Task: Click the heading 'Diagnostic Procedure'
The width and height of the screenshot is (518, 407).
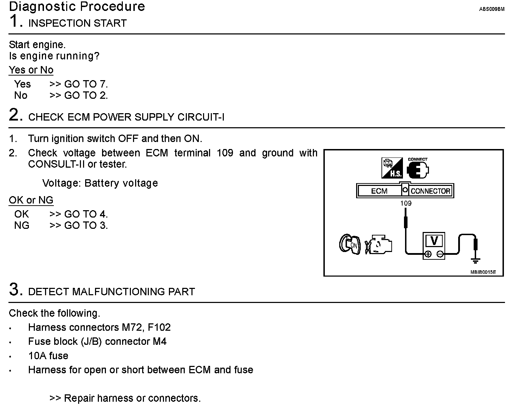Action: coord(77,7)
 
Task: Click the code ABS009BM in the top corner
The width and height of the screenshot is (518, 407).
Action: coord(492,9)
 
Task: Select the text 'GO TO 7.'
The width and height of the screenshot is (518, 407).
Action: coord(86,84)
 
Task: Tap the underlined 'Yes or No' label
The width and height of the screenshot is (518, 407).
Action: coord(31,70)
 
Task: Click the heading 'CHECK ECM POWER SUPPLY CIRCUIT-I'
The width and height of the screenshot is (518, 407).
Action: coord(126,117)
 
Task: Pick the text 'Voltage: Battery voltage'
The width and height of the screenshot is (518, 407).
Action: coord(100,183)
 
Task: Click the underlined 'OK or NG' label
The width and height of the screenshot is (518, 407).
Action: coord(31,200)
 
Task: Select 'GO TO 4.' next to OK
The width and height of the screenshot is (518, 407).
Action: coord(86,214)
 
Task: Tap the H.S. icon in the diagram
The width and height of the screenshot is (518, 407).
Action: coord(392,168)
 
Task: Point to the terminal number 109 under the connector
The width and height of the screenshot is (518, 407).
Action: coord(406,203)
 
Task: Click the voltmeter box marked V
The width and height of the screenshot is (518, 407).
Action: coord(434,245)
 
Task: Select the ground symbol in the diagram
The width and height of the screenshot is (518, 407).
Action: coord(475,260)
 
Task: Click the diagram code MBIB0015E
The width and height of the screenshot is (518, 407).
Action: coord(483,272)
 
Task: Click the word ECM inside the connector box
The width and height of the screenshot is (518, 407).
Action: coord(379,191)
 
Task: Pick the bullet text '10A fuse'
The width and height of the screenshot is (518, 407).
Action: coord(48,356)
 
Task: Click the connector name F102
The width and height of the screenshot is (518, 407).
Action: coord(159,328)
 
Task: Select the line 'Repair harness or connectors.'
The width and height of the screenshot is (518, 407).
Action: coord(132,398)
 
